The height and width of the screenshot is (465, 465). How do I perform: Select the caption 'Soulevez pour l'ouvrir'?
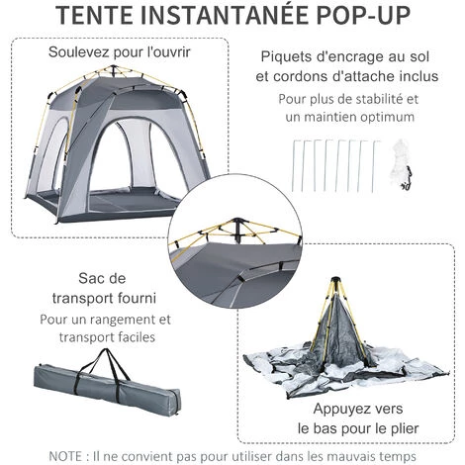[x=123, y=52]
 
